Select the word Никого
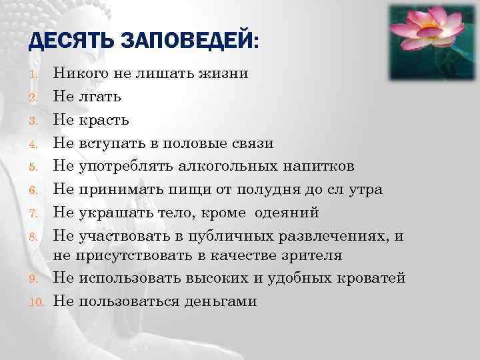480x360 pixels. [79, 74]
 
